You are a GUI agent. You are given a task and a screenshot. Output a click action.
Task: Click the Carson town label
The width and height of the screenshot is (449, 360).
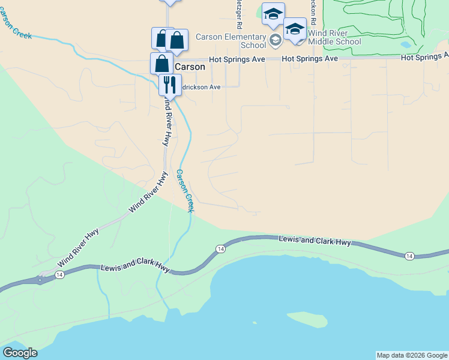(190, 67)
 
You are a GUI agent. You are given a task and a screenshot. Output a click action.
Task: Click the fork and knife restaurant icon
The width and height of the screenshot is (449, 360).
(169, 85)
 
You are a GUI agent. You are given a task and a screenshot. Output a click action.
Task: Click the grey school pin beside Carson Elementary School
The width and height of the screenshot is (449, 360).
(276, 41)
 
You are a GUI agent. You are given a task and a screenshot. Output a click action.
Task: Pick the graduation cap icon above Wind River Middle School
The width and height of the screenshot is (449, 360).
(295, 29)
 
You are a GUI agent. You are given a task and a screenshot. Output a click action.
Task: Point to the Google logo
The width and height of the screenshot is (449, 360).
(20, 353)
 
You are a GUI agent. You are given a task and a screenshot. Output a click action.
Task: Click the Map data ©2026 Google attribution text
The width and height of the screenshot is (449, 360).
(411, 355)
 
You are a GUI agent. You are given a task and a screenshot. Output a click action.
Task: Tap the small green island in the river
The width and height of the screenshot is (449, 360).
(307, 318)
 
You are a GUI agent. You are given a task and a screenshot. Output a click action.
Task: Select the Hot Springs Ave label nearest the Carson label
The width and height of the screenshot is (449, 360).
(237, 59)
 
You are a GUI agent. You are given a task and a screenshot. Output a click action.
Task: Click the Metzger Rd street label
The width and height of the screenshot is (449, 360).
(238, 15)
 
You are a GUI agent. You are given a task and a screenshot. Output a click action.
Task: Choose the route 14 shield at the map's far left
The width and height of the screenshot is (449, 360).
(59, 274)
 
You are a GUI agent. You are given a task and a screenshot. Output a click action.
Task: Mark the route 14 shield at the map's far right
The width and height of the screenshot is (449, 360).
(409, 256)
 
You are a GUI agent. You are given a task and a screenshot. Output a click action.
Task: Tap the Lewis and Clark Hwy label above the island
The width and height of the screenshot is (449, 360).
(315, 241)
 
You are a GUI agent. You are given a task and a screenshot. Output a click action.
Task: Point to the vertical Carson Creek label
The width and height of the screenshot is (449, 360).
(185, 190)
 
